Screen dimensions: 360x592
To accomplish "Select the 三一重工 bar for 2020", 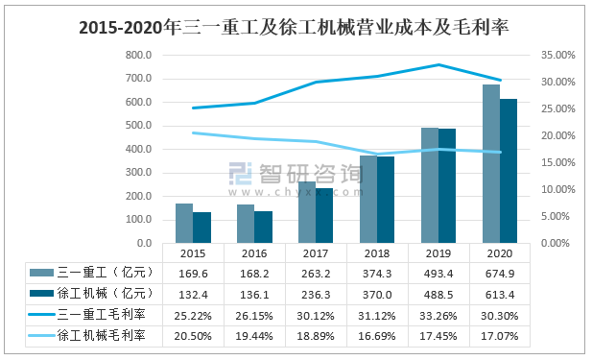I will pos(490,163).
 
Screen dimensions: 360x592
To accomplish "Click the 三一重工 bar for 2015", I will pos(183,223).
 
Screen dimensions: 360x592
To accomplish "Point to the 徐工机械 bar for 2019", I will pos(447,185).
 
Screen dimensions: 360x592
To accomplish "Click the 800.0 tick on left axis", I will pos(137,55).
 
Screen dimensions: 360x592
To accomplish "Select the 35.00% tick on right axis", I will pos(558,55).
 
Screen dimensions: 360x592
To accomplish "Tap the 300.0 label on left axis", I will pos(137,173).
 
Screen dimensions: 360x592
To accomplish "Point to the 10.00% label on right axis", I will pos(558,189).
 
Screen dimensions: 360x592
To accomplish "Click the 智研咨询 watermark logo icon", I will pos(241,175).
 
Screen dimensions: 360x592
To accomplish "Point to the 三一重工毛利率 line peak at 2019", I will pos(438,65).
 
